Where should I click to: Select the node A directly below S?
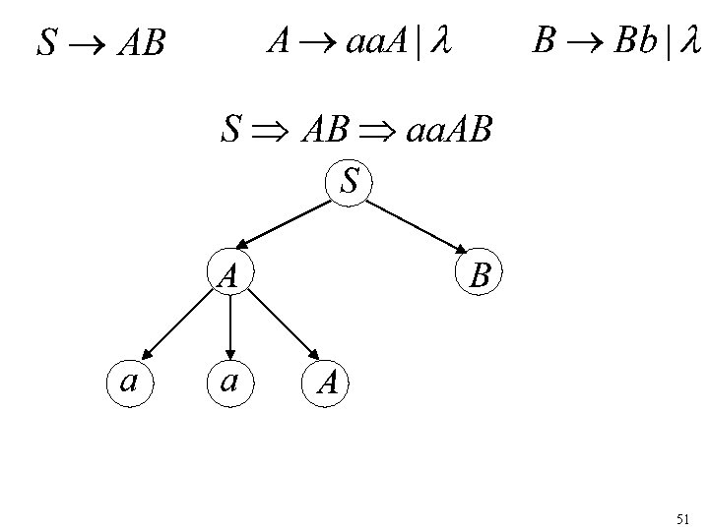tap(229, 274)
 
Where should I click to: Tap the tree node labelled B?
tap(480, 274)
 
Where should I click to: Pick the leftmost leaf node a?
tap(128, 380)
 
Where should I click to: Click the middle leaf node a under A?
tap(229, 380)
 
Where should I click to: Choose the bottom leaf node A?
tap(329, 382)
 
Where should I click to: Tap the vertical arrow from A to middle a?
tap(229, 325)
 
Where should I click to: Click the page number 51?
tap(684, 517)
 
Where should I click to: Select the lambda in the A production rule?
tap(441, 41)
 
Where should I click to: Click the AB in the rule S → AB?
tap(141, 43)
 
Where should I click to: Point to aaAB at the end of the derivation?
tap(449, 131)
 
